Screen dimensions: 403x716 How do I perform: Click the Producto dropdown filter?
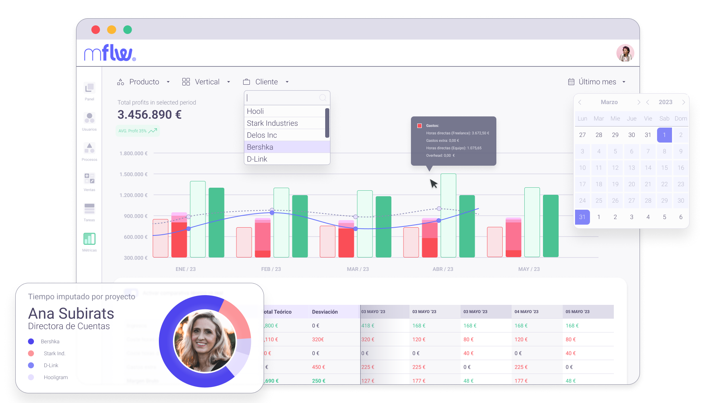tap(144, 82)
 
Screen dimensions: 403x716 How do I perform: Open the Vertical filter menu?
tap(206, 82)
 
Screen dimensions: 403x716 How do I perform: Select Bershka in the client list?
tap(260, 147)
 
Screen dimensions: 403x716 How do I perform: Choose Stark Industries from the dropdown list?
tap(272, 123)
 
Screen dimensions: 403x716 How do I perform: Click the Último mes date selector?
tap(597, 82)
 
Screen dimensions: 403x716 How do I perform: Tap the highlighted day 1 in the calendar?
tap(664, 135)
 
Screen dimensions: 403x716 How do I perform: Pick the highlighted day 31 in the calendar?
tap(582, 217)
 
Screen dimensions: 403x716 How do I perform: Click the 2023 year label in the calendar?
tap(665, 102)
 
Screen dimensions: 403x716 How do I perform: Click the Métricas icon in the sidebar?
tap(89, 239)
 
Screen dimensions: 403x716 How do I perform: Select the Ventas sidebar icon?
tap(89, 179)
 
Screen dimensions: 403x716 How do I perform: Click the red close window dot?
tap(96, 30)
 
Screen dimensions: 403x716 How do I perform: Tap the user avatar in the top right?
tap(625, 53)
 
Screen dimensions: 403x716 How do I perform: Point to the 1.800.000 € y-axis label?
tap(134, 153)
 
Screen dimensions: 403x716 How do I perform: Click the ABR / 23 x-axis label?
tap(443, 269)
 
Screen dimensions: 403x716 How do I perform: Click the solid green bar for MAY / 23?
tap(550, 226)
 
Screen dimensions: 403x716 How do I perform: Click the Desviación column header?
tap(325, 312)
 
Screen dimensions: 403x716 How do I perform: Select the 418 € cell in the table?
tap(368, 326)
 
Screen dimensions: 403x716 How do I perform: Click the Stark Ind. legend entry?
tap(54, 353)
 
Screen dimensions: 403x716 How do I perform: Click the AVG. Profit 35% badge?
tap(137, 131)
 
